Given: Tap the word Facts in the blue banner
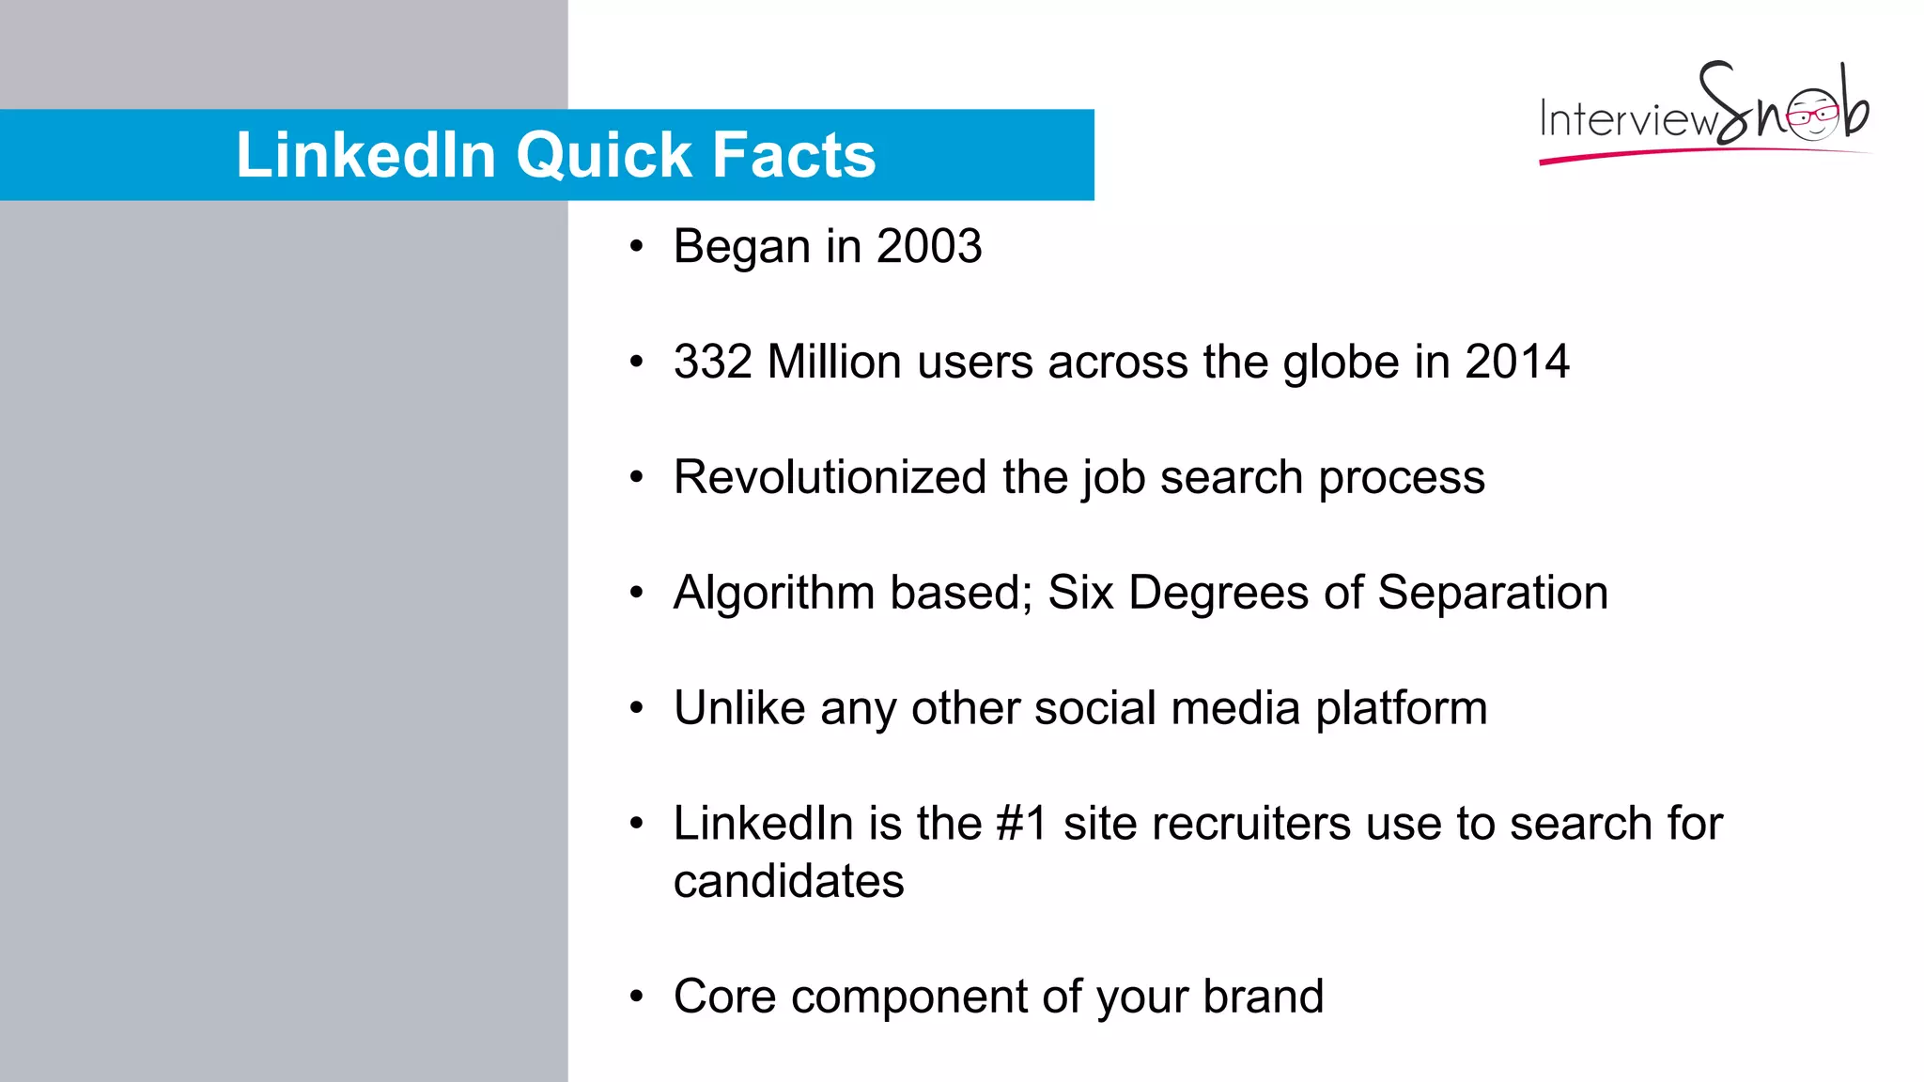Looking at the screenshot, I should (794, 156).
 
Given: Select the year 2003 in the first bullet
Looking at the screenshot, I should (929, 247).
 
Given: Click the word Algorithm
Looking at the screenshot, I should (774, 594).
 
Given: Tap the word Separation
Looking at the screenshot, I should (1493, 594).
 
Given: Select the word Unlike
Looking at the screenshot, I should (739, 708).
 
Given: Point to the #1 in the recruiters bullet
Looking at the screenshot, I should (1022, 824).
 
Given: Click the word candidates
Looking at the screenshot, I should (788, 882).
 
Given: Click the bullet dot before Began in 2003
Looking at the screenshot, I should (637, 247).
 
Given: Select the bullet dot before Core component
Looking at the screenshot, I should (637, 997).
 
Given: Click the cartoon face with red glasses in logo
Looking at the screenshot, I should (1811, 116).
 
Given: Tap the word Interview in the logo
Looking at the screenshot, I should (1629, 120).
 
